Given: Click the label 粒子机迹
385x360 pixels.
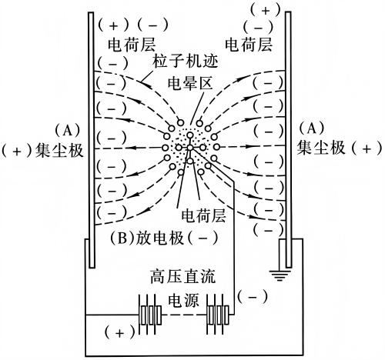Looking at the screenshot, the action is [x=186, y=62].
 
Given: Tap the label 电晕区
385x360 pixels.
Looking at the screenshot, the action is [x=190, y=83].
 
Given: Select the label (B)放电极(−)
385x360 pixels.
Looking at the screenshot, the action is [x=164, y=238].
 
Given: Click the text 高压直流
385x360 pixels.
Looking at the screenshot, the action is [x=182, y=277].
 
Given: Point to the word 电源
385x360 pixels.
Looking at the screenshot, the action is [x=183, y=300].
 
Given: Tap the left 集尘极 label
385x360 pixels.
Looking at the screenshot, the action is [x=59, y=150].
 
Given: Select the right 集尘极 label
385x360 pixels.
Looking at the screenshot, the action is [x=320, y=148].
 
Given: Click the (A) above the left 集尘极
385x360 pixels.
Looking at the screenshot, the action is [x=67, y=131].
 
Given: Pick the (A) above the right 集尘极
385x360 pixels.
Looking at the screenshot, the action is [x=312, y=128].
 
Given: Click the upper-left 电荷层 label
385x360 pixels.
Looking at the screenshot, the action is [x=132, y=45].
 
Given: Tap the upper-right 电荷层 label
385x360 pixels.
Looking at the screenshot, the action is [x=249, y=45].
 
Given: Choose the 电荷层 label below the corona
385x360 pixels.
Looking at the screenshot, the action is [x=203, y=215].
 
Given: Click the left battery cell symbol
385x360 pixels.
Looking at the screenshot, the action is [x=150, y=315].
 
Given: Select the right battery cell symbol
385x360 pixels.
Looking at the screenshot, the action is [x=218, y=315].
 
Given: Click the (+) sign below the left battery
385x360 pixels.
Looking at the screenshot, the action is [x=119, y=333].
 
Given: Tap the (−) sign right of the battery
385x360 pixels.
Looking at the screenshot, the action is [x=253, y=297].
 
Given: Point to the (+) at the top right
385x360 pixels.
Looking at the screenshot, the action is [x=266, y=11].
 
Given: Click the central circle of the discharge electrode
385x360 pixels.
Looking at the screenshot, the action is [x=190, y=148].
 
